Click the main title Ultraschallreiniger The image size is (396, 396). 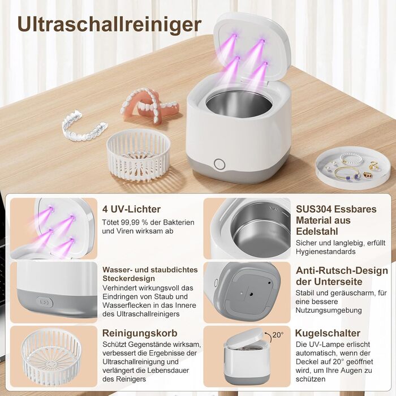click(x=109, y=25)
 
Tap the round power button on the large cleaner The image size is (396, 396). click(x=219, y=164)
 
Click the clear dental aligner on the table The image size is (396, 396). click(x=84, y=124)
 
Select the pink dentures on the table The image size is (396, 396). click(x=150, y=105)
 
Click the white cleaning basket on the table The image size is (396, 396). click(x=139, y=154)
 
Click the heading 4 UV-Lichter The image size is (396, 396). click(x=131, y=209)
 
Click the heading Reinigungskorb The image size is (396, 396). click(x=140, y=333)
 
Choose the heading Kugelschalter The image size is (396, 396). click(x=328, y=333)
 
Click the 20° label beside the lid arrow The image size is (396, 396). click(x=278, y=335)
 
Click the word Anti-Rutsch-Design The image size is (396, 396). click(x=342, y=270)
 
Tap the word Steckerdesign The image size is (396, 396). click(x=128, y=278)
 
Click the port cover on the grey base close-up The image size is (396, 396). click(x=45, y=302)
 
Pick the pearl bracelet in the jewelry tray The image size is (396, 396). click(x=352, y=158)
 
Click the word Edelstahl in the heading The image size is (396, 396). click(x=317, y=231)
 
